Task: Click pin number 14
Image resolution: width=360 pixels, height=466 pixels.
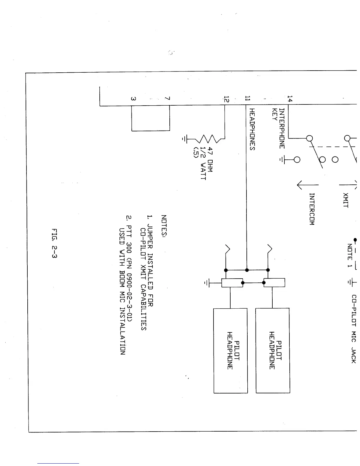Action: (290, 99)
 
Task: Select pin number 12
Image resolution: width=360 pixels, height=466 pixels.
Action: (226, 99)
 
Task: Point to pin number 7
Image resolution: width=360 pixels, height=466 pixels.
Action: (167, 99)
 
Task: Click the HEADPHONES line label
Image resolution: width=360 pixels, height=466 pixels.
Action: (252, 129)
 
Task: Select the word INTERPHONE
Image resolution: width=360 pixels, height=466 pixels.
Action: (282, 128)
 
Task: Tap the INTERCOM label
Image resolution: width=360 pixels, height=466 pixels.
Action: (312, 209)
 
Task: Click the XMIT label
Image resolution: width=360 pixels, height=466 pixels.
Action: (346, 200)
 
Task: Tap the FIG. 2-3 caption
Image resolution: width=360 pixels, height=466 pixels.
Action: (54, 243)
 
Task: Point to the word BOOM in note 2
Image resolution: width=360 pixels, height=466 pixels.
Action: (122, 285)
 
